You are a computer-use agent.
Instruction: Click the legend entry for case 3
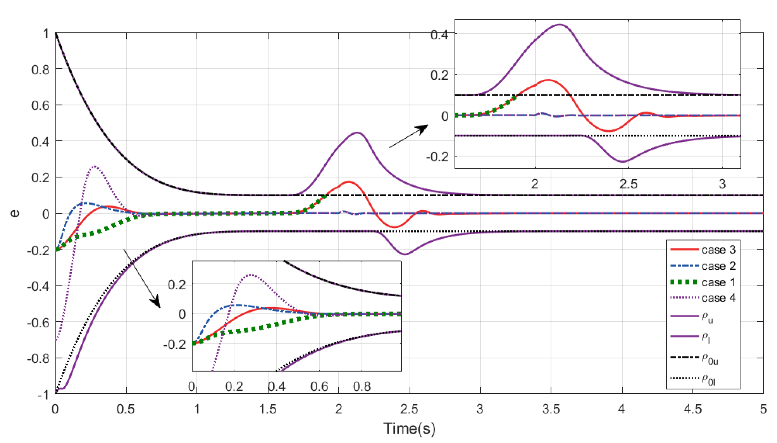click(718, 250)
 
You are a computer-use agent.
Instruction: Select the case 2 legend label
click(718, 266)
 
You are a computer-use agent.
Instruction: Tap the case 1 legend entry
click(718, 282)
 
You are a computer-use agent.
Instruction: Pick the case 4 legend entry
click(718, 298)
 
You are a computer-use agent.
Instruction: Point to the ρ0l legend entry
click(708, 379)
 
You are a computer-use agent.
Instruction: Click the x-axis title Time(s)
click(409, 428)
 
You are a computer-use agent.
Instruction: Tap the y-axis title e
click(15, 213)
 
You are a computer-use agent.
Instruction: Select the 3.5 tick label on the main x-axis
click(551, 409)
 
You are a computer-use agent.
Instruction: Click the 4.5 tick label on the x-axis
click(693, 409)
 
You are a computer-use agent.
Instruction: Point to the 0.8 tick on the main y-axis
click(40, 70)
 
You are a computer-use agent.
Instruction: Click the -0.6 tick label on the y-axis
click(38, 323)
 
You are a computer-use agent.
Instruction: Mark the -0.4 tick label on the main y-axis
click(38, 286)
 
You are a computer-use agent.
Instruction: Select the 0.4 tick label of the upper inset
click(439, 35)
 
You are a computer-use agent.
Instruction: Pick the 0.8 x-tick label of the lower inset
click(362, 386)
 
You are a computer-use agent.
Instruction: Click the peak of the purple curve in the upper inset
click(560, 24)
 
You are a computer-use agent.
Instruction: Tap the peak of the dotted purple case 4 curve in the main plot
click(95, 166)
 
